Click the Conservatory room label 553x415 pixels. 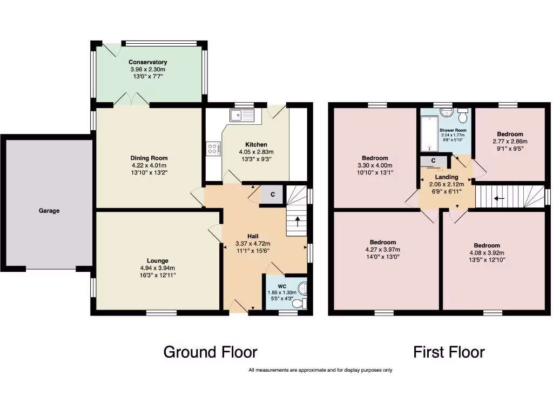pyautogui.click(x=147, y=62)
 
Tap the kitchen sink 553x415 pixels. pyautogui.click(x=241, y=115)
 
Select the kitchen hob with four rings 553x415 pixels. pyautogui.click(x=213, y=148)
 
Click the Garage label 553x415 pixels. pyautogui.click(x=49, y=211)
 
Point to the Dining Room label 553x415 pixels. pyautogui.click(x=143, y=158)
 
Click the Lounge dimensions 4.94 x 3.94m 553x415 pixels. pyautogui.click(x=157, y=268)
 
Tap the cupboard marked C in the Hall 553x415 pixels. pyautogui.click(x=272, y=195)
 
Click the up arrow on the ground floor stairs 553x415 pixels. pyautogui.click(x=295, y=222)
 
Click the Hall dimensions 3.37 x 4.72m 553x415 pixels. pyautogui.click(x=253, y=244)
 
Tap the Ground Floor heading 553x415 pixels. pyautogui.click(x=210, y=352)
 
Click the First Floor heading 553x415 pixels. pyautogui.click(x=449, y=352)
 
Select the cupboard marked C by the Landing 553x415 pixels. pyautogui.click(x=434, y=160)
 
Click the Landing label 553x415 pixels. pyautogui.click(x=447, y=177)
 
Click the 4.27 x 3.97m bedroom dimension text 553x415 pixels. pyautogui.click(x=383, y=250)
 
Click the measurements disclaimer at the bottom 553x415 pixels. pyautogui.click(x=320, y=370)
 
